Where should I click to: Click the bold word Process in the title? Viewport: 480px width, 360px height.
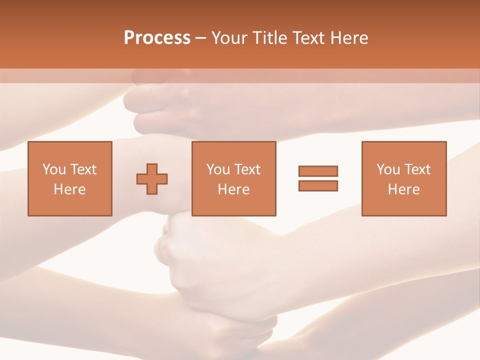coord(157,38)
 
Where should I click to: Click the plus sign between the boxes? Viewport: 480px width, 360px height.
coord(152,179)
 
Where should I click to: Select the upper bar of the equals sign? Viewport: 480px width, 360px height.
coord(318,171)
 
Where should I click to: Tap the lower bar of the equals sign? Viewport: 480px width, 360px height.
coord(318,185)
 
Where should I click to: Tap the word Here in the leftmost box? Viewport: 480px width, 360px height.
coord(69,189)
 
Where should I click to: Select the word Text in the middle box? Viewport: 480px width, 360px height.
coord(247,169)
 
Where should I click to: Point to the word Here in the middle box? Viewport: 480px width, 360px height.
coord(233,189)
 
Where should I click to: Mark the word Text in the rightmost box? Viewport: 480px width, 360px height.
coord(417,169)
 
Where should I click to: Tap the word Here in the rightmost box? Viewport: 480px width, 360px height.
coord(404,189)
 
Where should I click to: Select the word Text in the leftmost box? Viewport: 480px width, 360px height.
coord(83,169)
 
